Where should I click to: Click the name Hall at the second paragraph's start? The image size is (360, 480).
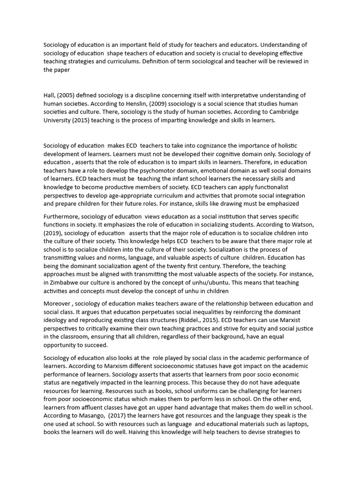click(x=50, y=95)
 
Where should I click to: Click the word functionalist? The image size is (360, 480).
click(x=285, y=187)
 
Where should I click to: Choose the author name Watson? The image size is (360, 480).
click(x=302, y=225)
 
